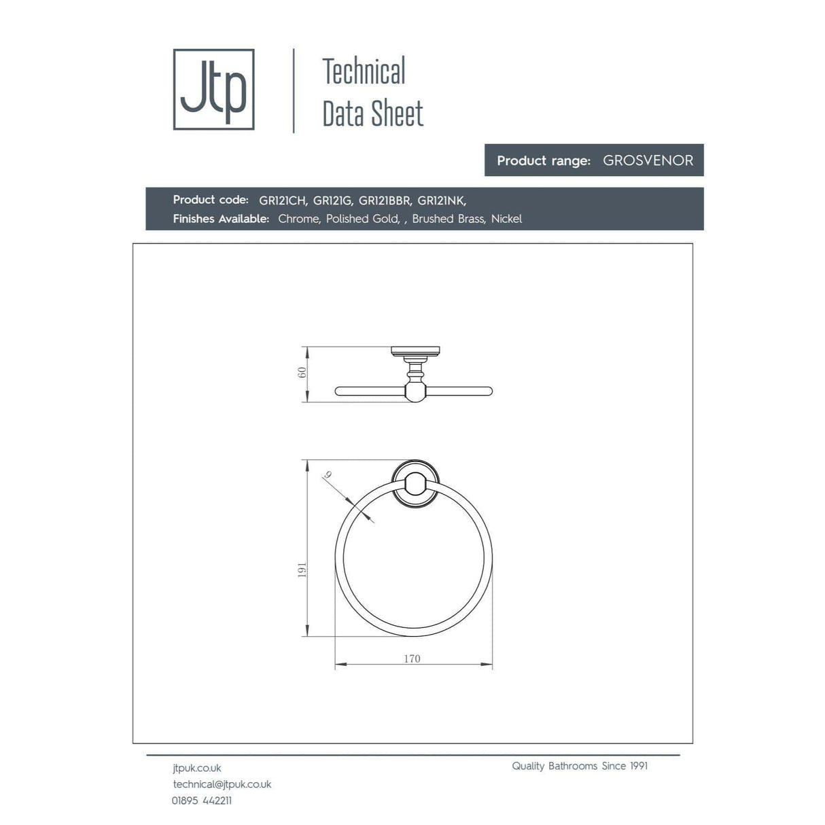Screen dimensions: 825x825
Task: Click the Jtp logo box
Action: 213,89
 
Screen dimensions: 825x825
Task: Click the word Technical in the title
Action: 364,72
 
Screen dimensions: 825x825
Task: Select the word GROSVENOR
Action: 648,160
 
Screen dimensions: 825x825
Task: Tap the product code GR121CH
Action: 283,200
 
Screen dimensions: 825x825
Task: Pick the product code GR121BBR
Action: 385,200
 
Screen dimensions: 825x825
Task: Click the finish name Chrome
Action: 298,219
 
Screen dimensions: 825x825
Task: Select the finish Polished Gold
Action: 362,219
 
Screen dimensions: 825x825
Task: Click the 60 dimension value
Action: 302,372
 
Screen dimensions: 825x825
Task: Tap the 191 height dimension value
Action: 302,570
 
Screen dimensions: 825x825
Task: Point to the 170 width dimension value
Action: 412,659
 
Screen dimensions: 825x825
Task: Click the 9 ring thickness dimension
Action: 328,476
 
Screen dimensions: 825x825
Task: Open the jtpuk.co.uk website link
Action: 197,768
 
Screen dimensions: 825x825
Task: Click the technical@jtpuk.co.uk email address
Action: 222,784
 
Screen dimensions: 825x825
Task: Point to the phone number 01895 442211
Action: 202,801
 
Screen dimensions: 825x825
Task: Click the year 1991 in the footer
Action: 638,766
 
